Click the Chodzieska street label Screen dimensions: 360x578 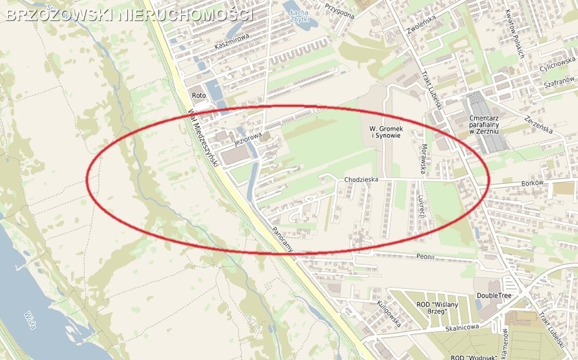click(x=361, y=179)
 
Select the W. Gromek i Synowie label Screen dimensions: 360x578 click(x=385, y=132)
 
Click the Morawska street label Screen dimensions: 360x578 click(x=422, y=159)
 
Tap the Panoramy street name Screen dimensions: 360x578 click(x=282, y=239)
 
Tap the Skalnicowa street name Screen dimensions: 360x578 click(x=461, y=327)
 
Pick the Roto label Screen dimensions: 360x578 click(x=198, y=95)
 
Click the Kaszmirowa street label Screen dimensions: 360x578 click(x=232, y=41)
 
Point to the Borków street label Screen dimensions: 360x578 click(x=533, y=183)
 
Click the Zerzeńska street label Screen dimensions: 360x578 click(x=539, y=123)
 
